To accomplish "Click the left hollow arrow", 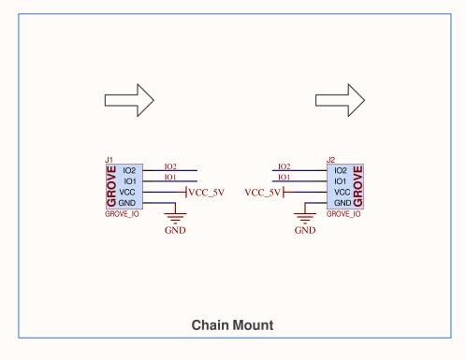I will [x=127, y=98].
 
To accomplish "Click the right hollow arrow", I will [x=340, y=98].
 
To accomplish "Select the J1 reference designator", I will [x=109, y=160].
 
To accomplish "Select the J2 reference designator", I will [x=330, y=160].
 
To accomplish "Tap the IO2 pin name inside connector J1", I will [x=130, y=170].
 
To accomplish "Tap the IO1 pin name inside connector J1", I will [x=130, y=180].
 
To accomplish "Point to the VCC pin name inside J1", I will [x=130, y=192].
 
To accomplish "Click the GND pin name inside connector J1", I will [x=130, y=203].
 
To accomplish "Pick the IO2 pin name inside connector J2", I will [x=342, y=170].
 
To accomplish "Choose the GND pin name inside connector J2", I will [x=342, y=203].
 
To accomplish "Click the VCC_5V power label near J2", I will [x=262, y=193].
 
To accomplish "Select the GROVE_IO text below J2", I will [x=343, y=214].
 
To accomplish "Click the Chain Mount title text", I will [x=232, y=325].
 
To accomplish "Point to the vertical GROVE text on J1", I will [x=112, y=187].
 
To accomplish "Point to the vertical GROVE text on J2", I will [x=358, y=187].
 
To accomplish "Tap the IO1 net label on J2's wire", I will [x=285, y=177].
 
